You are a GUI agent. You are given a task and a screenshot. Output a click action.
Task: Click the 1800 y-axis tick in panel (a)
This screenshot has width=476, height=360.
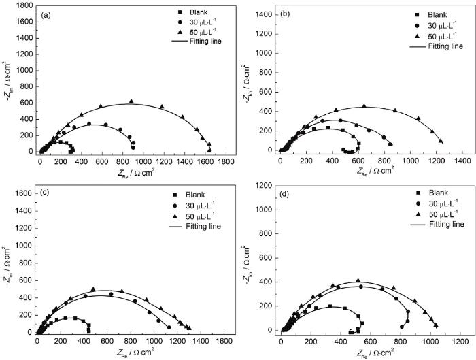click(x=23, y=5)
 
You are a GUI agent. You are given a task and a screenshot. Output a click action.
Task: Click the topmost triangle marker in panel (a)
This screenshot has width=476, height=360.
click(x=131, y=101)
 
